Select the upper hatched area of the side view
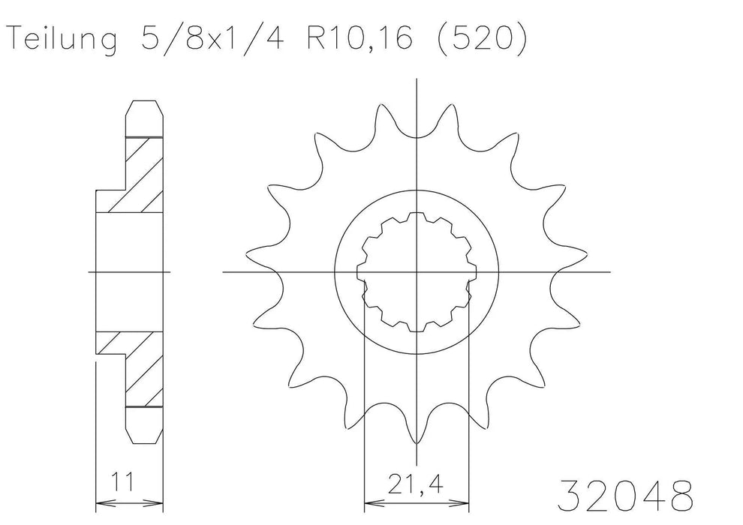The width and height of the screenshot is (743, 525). pyautogui.click(x=138, y=172)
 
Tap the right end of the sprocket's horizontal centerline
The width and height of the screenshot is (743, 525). pyautogui.click(x=609, y=271)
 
